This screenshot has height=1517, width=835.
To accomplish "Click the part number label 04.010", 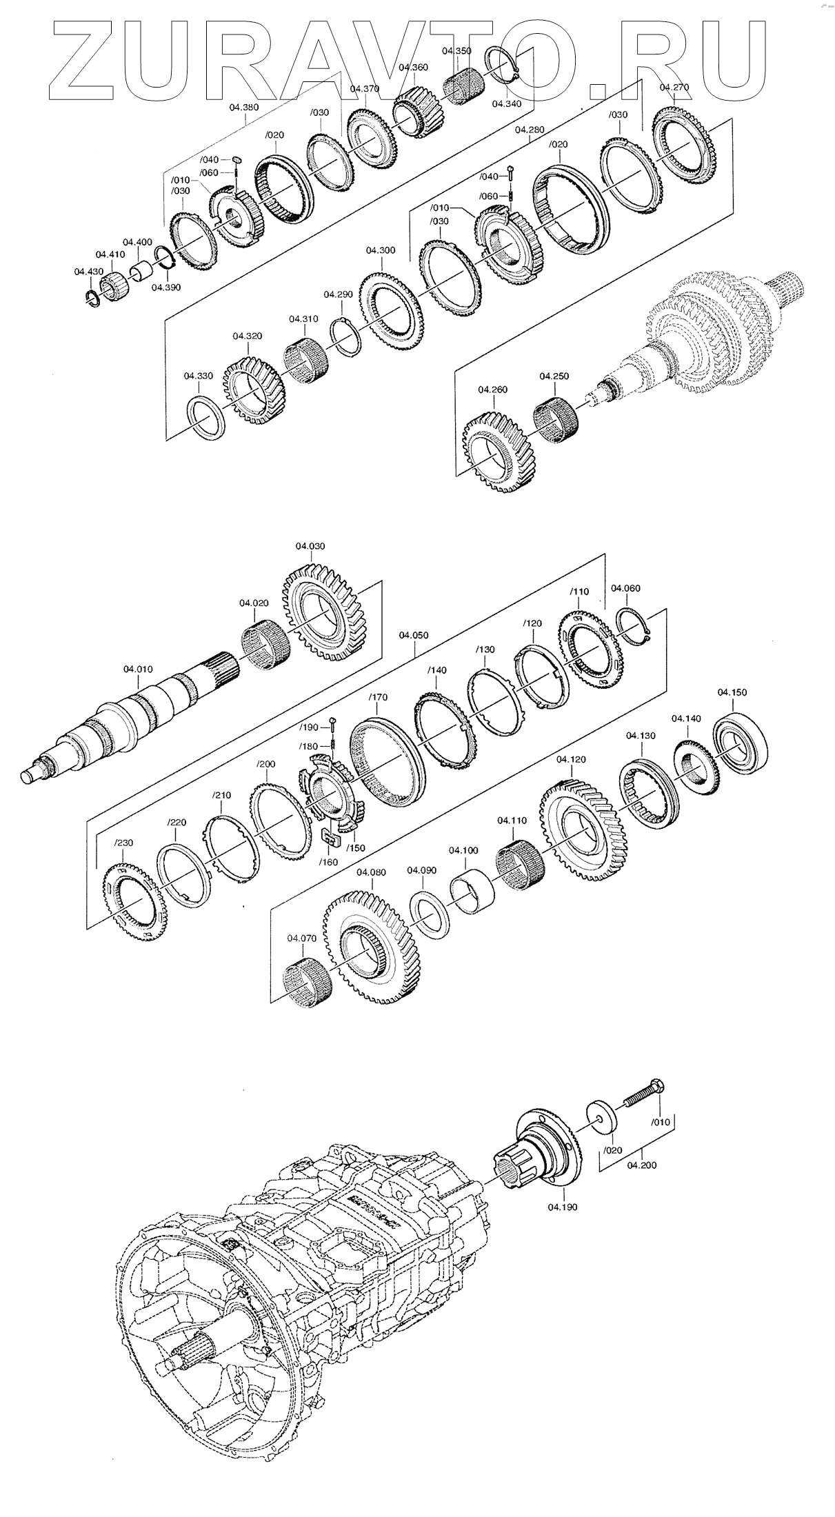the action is click(138, 669).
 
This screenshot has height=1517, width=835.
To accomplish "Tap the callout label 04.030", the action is click(310, 546).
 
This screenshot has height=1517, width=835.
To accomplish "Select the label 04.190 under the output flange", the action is click(562, 1207).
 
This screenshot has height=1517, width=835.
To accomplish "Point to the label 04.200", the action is click(643, 1165).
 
